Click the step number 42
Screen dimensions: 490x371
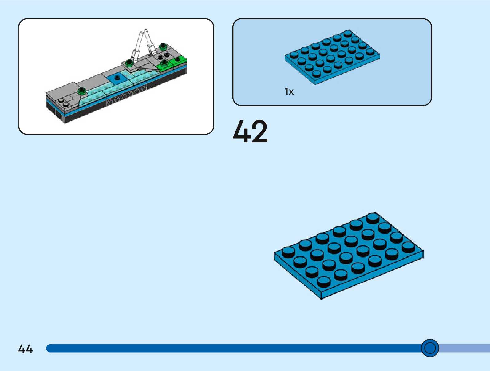point(250,131)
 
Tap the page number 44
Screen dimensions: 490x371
point(26,349)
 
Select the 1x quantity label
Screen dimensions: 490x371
point(289,91)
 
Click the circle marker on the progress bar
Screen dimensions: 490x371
point(430,348)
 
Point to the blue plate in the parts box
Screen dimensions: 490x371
point(332,58)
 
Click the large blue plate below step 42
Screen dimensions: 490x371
point(349,255)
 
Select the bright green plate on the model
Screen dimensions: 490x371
point(172,63)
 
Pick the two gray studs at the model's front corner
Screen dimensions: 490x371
point(63,103)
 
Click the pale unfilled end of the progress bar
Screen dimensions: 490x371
point(464,348)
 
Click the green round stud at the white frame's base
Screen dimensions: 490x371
point(129,63)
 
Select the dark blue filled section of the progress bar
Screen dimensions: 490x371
point(234,348)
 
